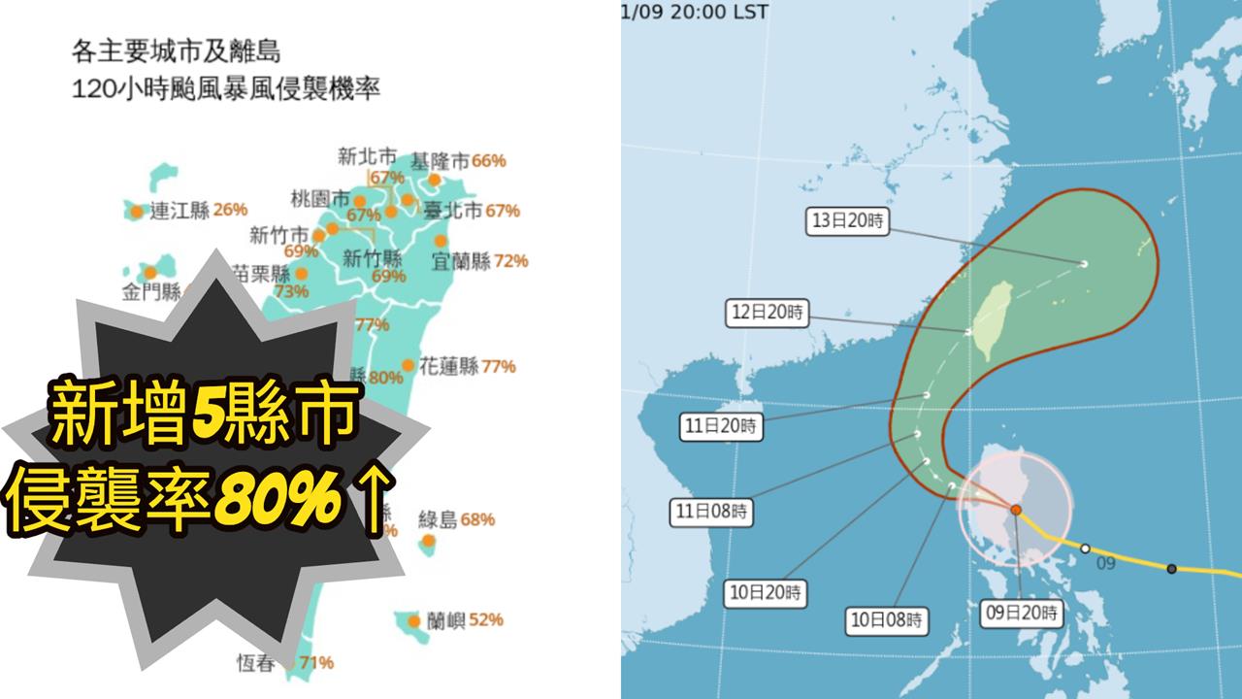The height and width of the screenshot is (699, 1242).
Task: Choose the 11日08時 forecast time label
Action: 708,510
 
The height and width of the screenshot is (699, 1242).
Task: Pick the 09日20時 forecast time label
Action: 1023,614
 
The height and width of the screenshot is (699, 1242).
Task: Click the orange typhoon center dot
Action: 1015,510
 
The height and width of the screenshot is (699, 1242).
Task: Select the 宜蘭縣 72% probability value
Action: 510,260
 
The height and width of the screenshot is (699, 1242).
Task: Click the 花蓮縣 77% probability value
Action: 499,367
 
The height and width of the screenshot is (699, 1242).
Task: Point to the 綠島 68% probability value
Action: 477,519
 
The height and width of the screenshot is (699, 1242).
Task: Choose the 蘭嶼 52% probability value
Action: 486,619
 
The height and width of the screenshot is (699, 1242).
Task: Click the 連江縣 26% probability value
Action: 231,209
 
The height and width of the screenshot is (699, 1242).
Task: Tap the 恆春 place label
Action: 256,663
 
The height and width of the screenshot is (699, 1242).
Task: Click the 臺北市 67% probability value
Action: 503,211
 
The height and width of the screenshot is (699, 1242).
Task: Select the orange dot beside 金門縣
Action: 150,273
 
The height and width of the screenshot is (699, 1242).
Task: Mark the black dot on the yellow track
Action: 1172,569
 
